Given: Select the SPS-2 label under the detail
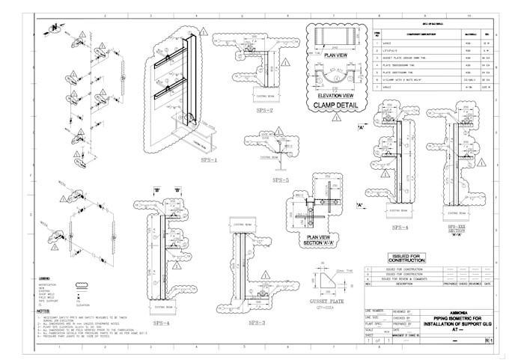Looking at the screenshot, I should (x=263, y=110).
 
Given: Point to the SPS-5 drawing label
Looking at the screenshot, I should (x=281, y=180).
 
